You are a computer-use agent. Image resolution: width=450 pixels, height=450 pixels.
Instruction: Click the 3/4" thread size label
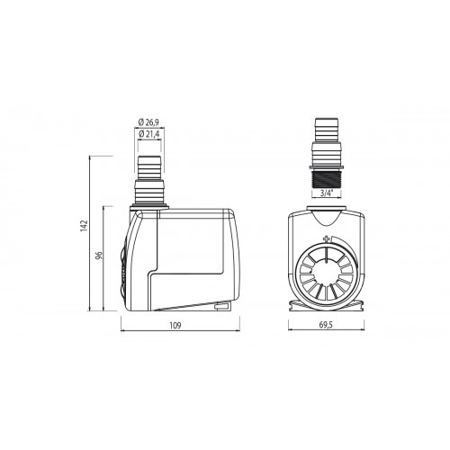point(326,192)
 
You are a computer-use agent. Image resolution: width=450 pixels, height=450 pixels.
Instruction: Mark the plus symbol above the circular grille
point(325,241)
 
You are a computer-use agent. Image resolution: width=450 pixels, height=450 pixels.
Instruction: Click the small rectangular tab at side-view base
point(220,309)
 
